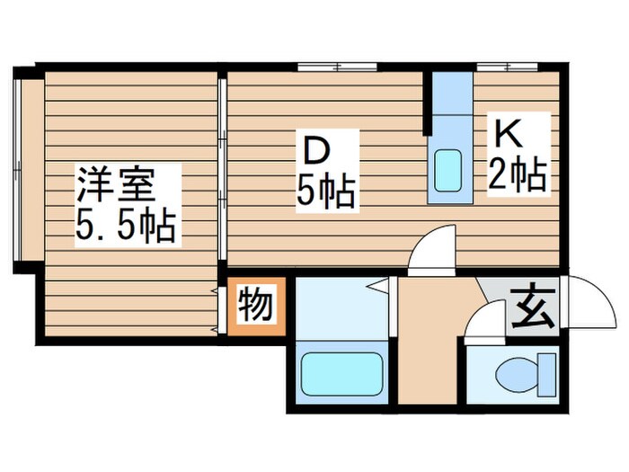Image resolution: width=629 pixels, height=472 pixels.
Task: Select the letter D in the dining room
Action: click(x=312, y=149)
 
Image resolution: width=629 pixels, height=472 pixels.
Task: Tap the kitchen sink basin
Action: click(x=447, y=168)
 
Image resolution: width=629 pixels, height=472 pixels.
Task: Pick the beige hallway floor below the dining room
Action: click(x=430, y=333)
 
